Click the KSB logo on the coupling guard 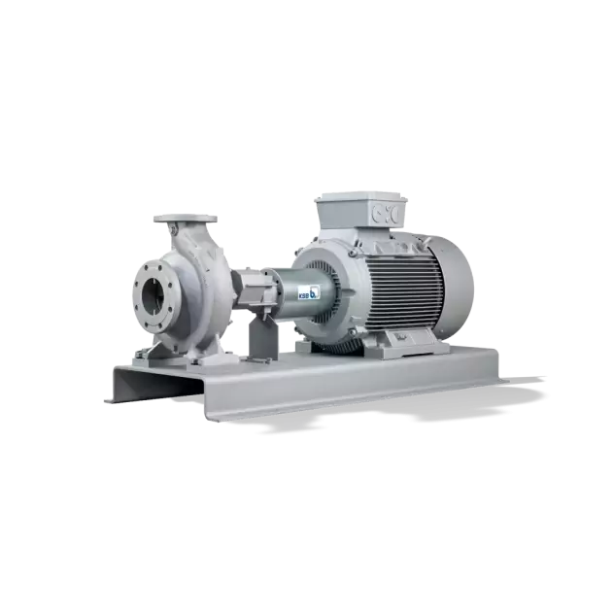(x=309, y=292)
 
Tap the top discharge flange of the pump (x=186, y=219)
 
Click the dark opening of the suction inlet (x=153, y=297)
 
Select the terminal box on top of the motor (x=361, y=211)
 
